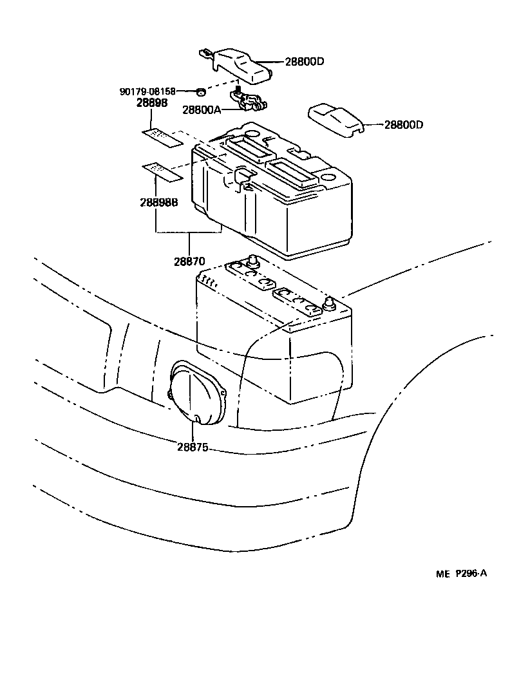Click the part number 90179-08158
(x=147, y=91)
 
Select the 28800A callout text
(x=201, y=110)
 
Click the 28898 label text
(x=152, y=102)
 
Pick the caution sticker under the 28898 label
(x=162, y=137)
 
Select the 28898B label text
(x=158, y=201)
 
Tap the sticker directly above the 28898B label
(x=162, y=170)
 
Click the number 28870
(x=189, y=262)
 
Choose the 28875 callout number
(x=193, y=446)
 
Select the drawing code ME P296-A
(x=458, y=574)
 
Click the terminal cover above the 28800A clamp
(x=242, y=65)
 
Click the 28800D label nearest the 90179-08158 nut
(x=304, y=62)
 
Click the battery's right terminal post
(x=331, y=303)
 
